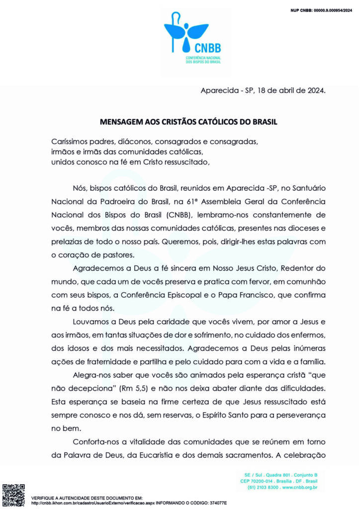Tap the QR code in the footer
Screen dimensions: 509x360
[x=13, y=495]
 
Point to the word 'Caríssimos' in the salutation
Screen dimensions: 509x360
[x=71, y=141]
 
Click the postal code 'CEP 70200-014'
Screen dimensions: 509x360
[x=258, y=481]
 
